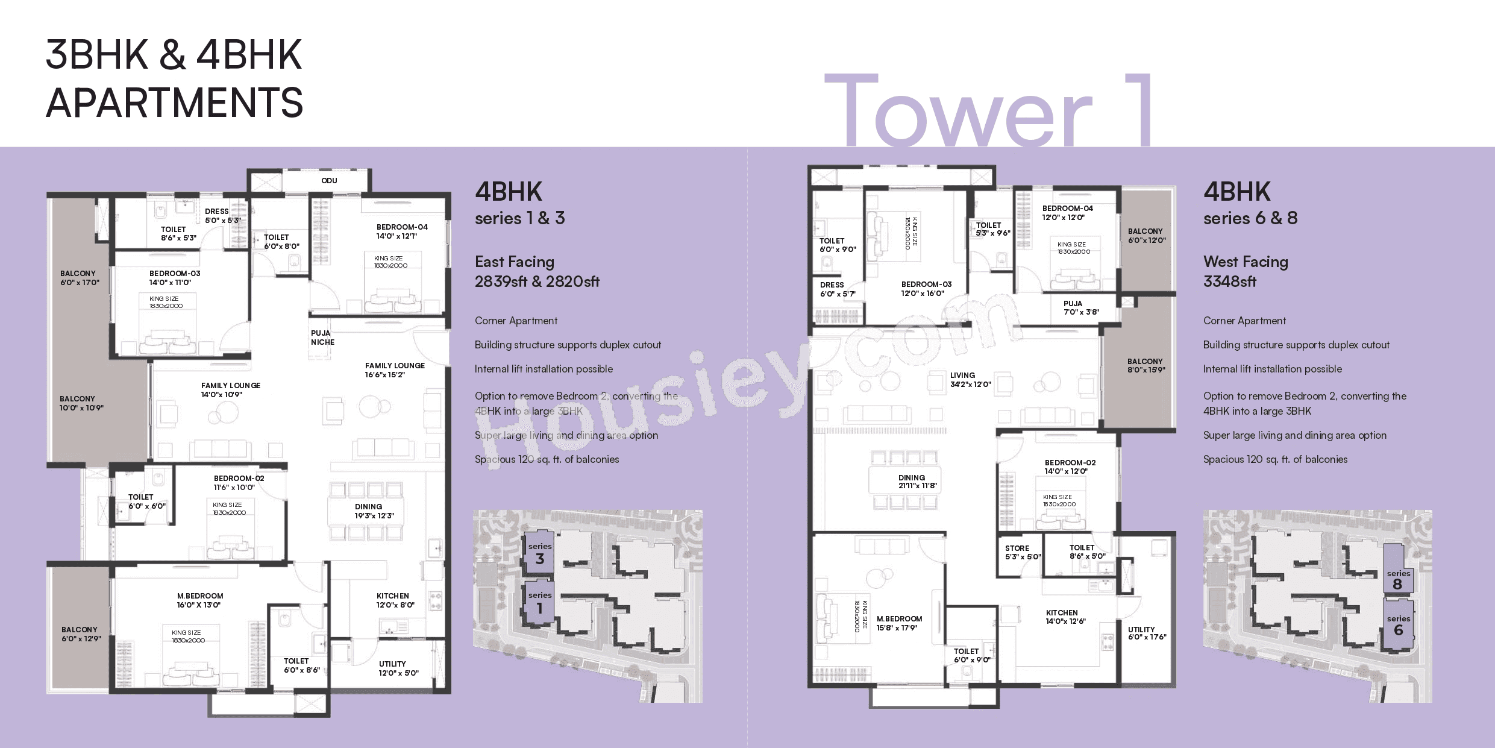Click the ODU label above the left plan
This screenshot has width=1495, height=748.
tap(329, 181)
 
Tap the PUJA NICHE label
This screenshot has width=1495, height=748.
tap(322, 338)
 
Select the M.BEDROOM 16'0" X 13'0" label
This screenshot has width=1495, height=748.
tap(199, 600)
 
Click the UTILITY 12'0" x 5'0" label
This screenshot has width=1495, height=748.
tap(398, 668)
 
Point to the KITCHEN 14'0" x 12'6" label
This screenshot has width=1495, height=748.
tap(1065, 617)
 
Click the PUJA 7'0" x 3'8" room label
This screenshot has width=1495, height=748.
tap(1081, 308)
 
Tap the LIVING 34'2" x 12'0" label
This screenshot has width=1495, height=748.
tap(970, 380)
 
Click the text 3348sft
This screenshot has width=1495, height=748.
tap(1229, 281)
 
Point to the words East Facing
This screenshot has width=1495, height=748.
tap(514, 262)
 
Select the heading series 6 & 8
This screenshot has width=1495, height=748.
tap(1250, 218)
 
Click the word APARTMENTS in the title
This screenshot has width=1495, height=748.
tap(174, 102)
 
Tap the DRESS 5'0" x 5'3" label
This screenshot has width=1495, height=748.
tap(222, 216)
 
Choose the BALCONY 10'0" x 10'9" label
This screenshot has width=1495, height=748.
tap(81, 403)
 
